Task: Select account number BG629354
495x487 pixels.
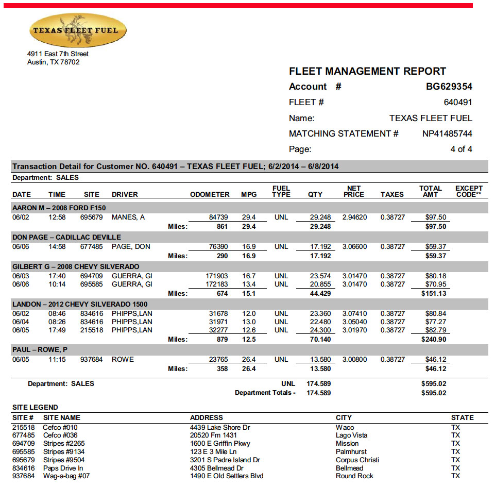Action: point(446,87)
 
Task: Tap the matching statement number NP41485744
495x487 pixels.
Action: point(447,133)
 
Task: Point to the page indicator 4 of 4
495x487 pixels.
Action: point(461,149)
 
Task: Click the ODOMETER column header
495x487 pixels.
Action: point(210,195)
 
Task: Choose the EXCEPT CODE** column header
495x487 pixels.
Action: point(469,192)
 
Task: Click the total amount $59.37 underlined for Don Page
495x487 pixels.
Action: point(436,247)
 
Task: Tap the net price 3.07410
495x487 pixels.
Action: point(355,314)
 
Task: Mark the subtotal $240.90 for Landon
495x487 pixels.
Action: point(434,340)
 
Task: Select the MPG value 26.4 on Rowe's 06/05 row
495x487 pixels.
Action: point(249,360)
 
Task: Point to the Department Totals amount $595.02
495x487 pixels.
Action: point(434,393)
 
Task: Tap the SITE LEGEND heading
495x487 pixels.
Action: point(35,407)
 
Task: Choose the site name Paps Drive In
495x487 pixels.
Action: point(63,468)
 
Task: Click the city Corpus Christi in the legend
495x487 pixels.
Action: point(357,460)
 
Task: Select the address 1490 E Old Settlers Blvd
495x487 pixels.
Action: point(227,476)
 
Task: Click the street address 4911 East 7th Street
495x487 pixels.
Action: point(58,54)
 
